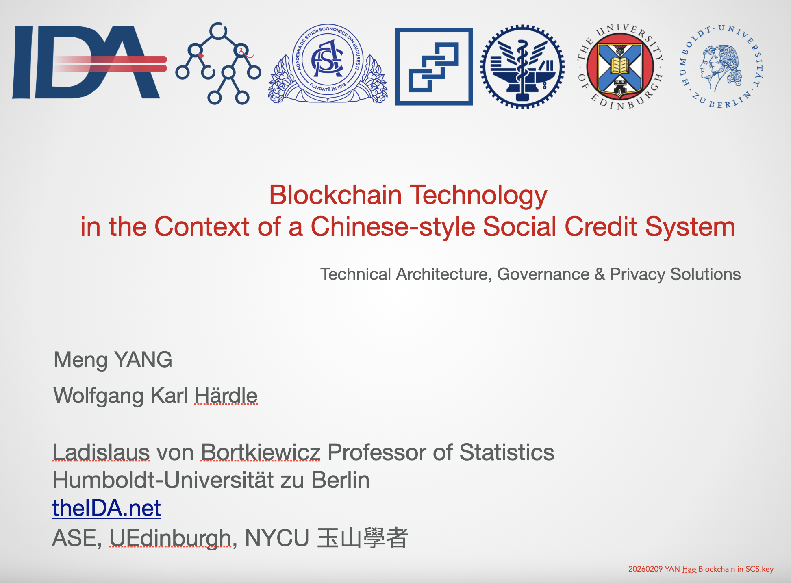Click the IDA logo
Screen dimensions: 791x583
tap(89, 62)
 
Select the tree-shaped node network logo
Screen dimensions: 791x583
tap(218, 64)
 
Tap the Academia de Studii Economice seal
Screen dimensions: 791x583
tap(328, 63)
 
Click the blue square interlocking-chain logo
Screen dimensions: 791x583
tap(434, 67)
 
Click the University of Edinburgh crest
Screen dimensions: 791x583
tap(620, 67)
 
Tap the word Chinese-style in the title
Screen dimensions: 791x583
tap(393, 226)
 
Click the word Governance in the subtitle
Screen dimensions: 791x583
tap(543, 274)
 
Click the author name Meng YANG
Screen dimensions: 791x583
tap(113, 360)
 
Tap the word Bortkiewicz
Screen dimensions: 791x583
tap(261, 452)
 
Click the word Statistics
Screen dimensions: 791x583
tap(506, 452)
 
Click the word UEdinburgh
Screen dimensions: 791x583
tap(170, 538)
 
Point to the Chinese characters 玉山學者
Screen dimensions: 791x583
tap(362, 538)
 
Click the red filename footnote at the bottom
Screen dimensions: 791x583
tap(701, 569)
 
